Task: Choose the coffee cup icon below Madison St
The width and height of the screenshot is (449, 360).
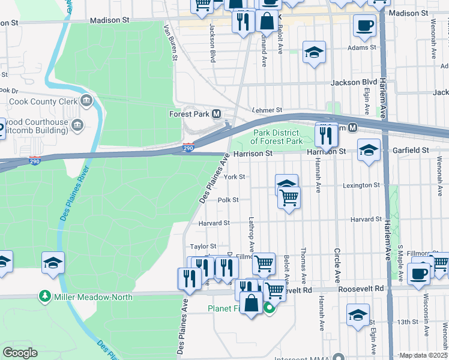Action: pos(364,25)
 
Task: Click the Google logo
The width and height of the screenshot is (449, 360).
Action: pos(20,353)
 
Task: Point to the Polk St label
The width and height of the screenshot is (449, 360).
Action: pos(228,200)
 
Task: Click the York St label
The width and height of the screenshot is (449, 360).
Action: pos(234,177)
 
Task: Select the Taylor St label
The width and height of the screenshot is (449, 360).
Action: pos(203,247)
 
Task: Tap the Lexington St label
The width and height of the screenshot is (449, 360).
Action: pos(361,185)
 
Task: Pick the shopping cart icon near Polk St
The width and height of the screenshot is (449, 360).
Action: pos(289,196)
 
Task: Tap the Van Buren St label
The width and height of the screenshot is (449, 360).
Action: pos(170,43)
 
